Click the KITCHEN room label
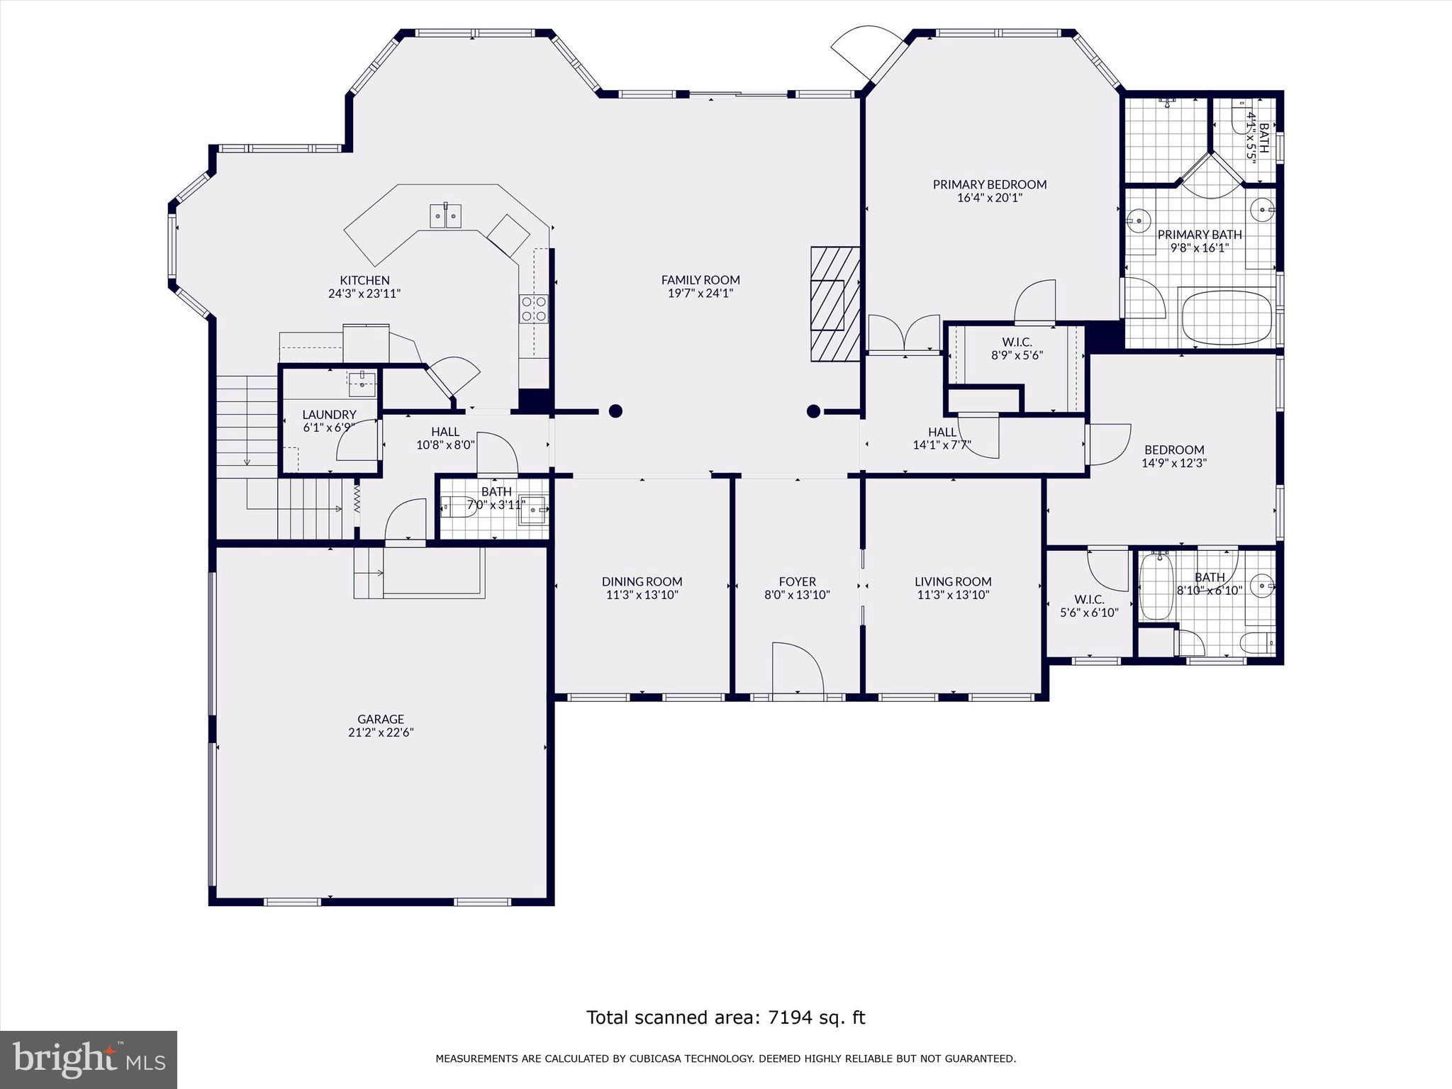tap(364, 280)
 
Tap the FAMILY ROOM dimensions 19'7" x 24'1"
tap(700, 294)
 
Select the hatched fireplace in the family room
tap(835, 304)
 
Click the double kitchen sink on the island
tap(446, 216)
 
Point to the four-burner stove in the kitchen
tap(534, 308)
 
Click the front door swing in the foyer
tap(797, 668)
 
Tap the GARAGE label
tap(381, 719)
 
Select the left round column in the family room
tap(615, 411)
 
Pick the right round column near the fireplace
tap(813, 411)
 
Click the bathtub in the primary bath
tap(1226, 316)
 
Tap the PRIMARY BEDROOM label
tap(989, 184)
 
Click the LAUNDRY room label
tap(329, 415)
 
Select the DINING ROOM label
tap(642, 581)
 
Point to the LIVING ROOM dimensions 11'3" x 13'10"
tap(952, 595)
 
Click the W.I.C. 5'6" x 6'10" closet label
tap(1089, 606)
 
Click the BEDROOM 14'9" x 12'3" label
tap(1174, 449)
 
